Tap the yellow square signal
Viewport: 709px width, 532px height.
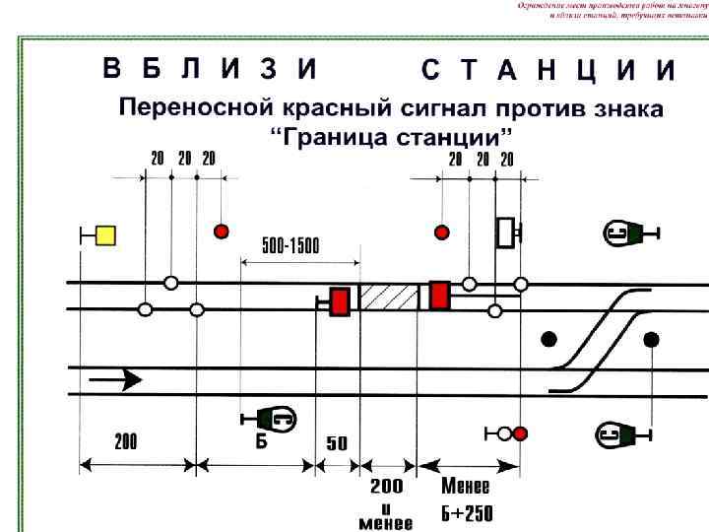[105, 234]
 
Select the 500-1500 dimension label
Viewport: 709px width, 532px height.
[290, 246]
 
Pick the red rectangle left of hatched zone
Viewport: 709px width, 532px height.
[341, 300]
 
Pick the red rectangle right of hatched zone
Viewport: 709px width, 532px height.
[439, 295]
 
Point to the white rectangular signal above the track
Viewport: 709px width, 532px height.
[506, 232]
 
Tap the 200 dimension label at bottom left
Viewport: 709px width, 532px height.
[126, 442]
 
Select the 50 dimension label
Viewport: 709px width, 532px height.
[337, 443]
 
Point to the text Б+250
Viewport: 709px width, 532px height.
[467, 513]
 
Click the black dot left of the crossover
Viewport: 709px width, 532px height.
[549, 340]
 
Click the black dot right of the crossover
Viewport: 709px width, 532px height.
[651, 340]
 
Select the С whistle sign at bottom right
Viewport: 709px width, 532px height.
[620, 433]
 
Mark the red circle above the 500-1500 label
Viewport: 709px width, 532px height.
[222, 232]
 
